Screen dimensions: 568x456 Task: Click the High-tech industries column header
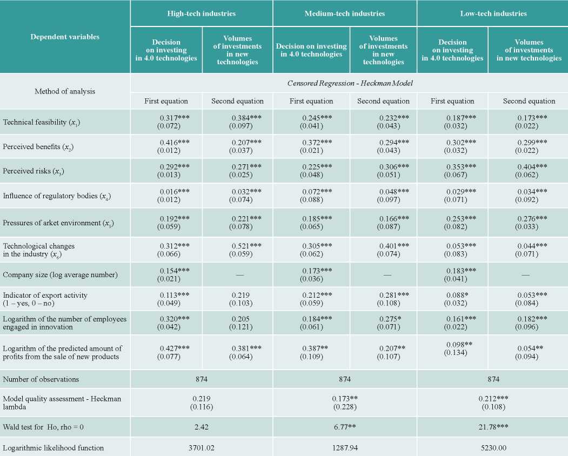click(x=202, y=14)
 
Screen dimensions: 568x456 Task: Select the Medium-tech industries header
click(x=344, y=14)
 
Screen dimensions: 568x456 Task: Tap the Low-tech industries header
click(x=493, y=14)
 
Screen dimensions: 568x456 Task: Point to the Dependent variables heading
click(x=65, y=37)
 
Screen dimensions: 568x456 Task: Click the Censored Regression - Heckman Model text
click(x=350, y=83)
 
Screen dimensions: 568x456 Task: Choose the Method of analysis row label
click(x=65, y=91)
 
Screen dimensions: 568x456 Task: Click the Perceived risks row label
click(x=34, y=171)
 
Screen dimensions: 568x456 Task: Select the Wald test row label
click(x=43, y=427)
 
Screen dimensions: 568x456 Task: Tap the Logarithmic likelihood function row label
click(x=54, y=448)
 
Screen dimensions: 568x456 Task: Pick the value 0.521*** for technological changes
click(x=246, y=246)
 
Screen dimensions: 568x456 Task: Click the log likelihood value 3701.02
click(x=202, y=448)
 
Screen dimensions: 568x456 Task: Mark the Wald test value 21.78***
click(x=493, y=427)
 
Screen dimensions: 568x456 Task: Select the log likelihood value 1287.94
click(x=344, y=448)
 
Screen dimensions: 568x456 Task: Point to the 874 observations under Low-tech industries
click(x=493, y=379)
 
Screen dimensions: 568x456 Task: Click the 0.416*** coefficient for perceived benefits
click(x=175, y=143)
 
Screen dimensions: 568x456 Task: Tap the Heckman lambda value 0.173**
click(x=345, y=398)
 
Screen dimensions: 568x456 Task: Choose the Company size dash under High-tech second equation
click(x=239, y=275)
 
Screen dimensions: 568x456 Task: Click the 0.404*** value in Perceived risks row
click(x=532, y=167)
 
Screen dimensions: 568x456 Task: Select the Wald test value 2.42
click(x=202, y=427)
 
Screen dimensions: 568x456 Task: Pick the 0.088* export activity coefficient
click(x=456, y=295)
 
